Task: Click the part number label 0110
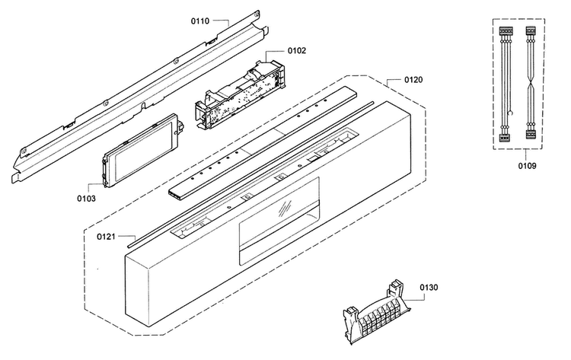click(x=200, y=21)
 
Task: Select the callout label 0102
click(x=297, y=50)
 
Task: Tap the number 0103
click(x=86, y=199)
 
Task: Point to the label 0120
click(x=413, y=80)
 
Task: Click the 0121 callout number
click(x=106, y=237)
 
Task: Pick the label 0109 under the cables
click(x=528, y=166)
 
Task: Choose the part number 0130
click(x=429, y=288)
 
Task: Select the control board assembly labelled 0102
click(x=240, y=94)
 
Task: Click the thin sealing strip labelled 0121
click(x=251, y=174)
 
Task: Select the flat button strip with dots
click(x=263, y=142)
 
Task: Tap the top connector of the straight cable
click(x=505, y=31)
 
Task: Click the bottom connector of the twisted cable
click(x=531, y=135)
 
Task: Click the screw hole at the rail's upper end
click(x=257, y=14)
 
